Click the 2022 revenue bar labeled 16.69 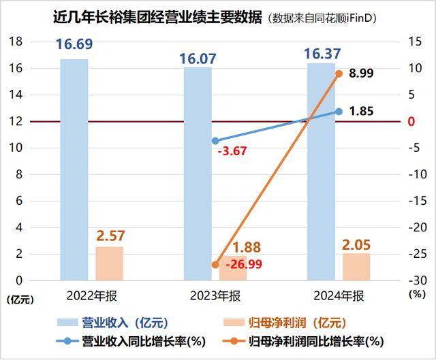[x=74, y=170]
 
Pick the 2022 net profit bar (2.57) [x=109, y=263]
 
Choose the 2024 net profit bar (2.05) [x=357, y=267]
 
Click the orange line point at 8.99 [x=339, y=73]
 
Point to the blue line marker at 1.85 [x=339, y=112]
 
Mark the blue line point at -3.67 [x=215, y=141]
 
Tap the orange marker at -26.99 [x=215, y=265]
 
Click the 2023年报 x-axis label [x=215, y=297]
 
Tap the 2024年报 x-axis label [x=339, y=297]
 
